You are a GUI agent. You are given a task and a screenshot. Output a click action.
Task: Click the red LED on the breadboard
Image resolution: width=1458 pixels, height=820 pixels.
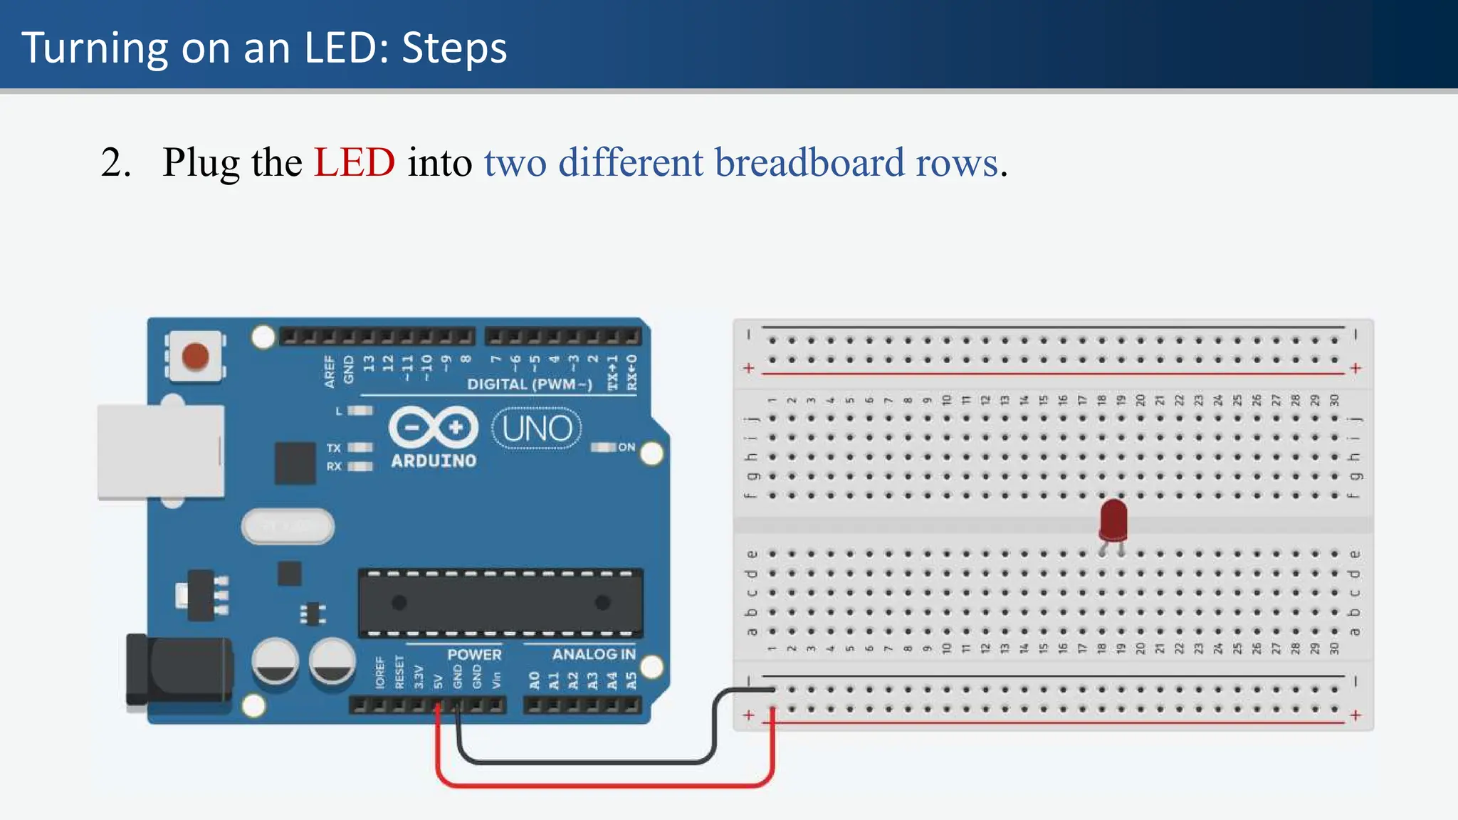coord(1113,519)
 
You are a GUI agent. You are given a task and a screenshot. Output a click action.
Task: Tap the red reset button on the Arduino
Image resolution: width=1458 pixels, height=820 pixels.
coord(195,356)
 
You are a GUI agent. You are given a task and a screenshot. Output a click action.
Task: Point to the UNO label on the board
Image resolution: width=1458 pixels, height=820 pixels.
coord(537,429)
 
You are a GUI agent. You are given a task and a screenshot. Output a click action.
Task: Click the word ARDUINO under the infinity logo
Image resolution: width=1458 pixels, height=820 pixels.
coord(433,461)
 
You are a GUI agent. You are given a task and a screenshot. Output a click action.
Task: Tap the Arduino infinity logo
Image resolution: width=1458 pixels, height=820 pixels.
coord(433,427)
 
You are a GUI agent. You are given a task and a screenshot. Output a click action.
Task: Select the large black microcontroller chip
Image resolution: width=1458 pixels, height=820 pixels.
coord(500,603)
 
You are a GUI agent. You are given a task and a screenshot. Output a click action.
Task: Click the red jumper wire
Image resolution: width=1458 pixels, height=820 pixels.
coord(605,785)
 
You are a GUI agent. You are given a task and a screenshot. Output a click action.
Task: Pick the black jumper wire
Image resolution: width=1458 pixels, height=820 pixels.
coord(584,762)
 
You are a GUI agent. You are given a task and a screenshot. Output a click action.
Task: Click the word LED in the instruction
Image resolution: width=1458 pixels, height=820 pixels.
coord(355,162)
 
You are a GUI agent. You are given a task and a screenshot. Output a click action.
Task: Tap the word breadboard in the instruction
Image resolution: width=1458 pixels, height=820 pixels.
coord(809,162)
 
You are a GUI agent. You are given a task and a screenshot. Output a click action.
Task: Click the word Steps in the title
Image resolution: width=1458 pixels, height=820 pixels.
coord(454,48)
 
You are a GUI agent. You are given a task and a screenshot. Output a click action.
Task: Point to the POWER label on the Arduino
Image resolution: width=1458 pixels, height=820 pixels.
coord(474,654)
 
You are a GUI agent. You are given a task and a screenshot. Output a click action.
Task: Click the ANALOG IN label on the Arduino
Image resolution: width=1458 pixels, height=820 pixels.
coord(593,654)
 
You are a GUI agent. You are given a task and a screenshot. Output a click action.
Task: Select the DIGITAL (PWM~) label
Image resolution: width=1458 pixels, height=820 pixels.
coord(529,384)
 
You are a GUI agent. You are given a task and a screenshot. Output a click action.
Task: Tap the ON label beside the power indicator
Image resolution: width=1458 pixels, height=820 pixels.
coord(626,447)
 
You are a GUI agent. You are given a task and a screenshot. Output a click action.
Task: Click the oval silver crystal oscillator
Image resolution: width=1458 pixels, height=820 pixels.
coord(288,527)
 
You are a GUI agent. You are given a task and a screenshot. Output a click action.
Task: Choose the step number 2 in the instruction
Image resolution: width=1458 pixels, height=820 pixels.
coord(115,162)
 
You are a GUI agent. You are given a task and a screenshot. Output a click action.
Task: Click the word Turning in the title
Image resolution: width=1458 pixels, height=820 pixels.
coord(95,48)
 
